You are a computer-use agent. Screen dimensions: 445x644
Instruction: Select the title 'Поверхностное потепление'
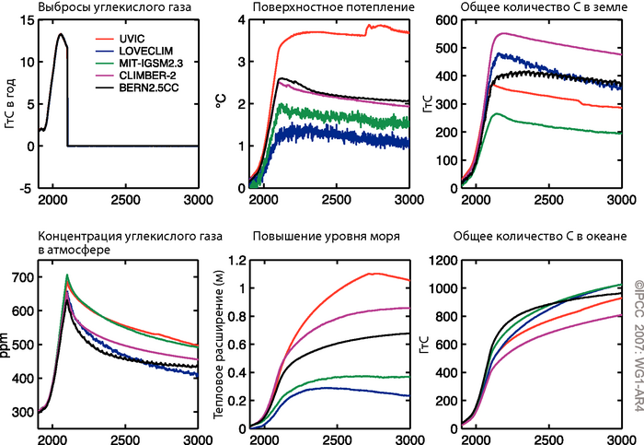coord(318,8)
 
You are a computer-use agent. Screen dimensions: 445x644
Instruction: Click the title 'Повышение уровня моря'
coord(313,236)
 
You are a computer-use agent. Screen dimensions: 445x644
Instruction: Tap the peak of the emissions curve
coord(60,35)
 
